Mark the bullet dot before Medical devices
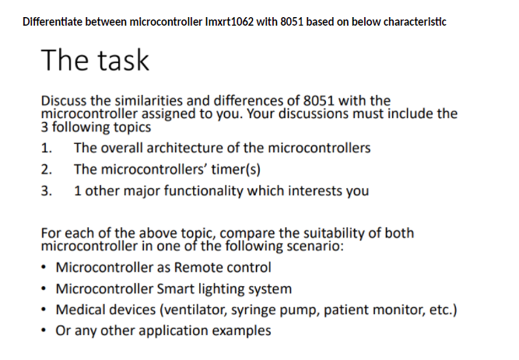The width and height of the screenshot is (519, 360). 44,310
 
